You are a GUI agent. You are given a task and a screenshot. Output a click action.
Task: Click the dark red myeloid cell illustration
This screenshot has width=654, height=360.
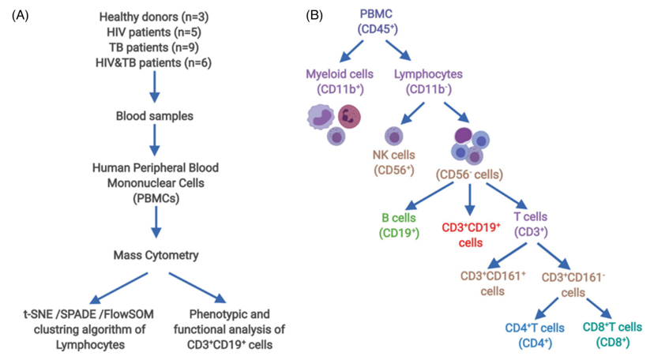pos(348,115)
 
